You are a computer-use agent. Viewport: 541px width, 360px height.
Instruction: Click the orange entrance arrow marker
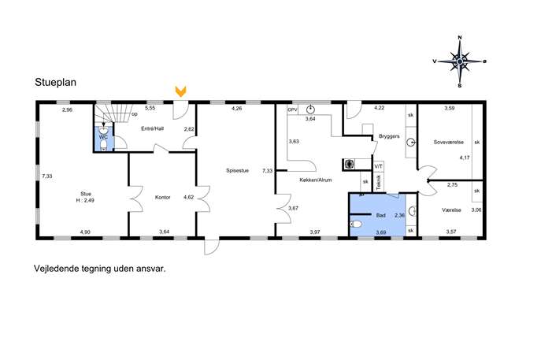click(181, 91)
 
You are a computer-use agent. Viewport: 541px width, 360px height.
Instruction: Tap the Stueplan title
click(56, 82)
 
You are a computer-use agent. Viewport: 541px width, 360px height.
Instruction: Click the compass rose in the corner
click(460, 61)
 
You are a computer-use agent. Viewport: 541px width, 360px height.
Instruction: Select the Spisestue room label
click(237, 170)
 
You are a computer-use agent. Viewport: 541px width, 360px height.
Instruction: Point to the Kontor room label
click(163, 198)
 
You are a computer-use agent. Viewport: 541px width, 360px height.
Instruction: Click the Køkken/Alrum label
click(316, 180)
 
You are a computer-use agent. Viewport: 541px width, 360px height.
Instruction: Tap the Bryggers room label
click(389, 136)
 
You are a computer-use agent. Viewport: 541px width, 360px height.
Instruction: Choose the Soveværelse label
click(449, 142)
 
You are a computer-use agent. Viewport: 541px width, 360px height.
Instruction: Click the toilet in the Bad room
click(356, 225)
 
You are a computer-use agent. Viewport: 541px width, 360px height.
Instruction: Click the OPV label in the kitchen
click(292, 109)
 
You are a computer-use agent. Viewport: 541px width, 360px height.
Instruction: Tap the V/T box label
click(379, 166)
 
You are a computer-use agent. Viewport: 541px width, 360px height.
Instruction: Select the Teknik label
click(379, 182)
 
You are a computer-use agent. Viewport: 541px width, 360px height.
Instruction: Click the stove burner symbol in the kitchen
click(350, 164)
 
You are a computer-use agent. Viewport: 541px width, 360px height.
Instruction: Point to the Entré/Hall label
click(153, 128)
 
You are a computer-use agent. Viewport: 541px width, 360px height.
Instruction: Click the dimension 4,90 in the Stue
click(85, 232)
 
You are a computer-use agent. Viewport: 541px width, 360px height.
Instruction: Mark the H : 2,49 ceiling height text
click(85, 200)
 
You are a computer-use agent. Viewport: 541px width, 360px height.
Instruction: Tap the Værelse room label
click(451, 210)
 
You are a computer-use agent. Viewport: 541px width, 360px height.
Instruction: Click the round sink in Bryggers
click(411, 143)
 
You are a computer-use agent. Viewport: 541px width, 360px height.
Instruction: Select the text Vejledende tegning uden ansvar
click(100, 269)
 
